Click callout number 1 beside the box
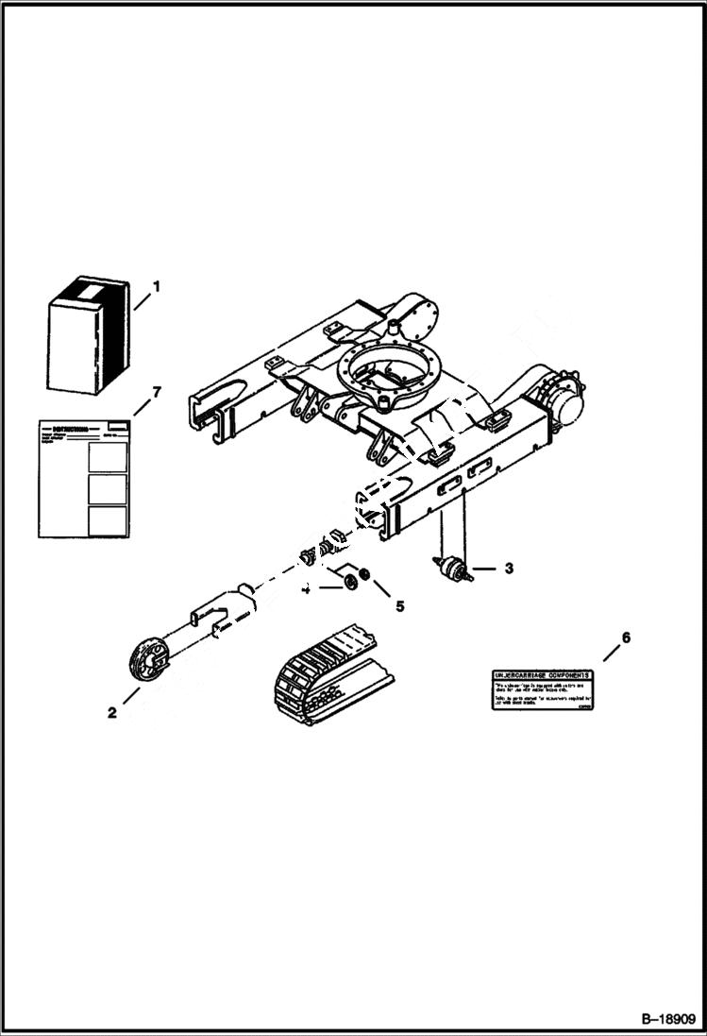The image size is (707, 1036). tap(157, 284)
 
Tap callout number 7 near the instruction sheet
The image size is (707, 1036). tap(157, 391)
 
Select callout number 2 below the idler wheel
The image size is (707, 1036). tap(111, 713)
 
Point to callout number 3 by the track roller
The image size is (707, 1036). tap(508, 569)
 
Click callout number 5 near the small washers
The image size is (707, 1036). tap(399, 605)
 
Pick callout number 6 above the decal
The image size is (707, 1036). tap(625, 637)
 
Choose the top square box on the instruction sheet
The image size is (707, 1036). tap(107, 456)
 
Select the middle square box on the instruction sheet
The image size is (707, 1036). tap(107, 488)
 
